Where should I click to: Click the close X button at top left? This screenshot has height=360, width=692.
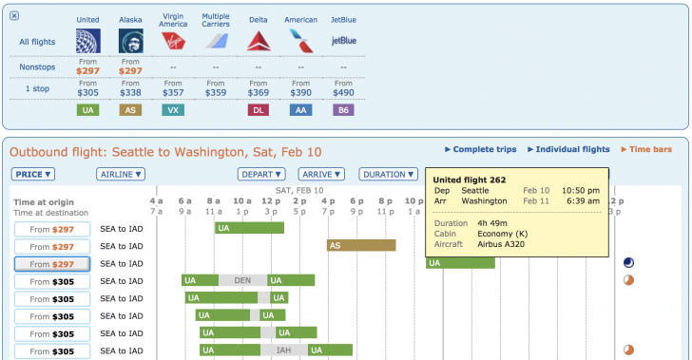click(x=13, y=16)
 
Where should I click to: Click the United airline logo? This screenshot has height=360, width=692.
click(x=88, y=41)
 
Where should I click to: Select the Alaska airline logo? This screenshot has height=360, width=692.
click(x=130, y=41)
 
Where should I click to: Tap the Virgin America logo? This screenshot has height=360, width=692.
click(x=174, y=41)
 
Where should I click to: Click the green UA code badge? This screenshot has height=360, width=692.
click(x=88, y=110)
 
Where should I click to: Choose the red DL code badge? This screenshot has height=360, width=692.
click(x=258, y=110)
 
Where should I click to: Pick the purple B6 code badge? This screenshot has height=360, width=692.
click(x=343, y=110)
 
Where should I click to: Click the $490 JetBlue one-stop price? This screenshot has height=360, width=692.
click(x=343, y=92)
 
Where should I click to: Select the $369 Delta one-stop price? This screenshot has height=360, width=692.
click(x=258, y=92)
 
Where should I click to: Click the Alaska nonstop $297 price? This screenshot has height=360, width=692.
click(x=130, y=70)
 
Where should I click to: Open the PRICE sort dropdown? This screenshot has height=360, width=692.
click(x=33, y=174)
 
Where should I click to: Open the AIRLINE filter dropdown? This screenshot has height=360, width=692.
click(x=120, y=174)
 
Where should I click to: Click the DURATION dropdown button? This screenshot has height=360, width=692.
click(x=388, y=174)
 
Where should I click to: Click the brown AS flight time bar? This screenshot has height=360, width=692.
click(x=361, y=245)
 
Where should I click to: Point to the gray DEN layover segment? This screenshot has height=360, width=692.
click(x=242, y=280)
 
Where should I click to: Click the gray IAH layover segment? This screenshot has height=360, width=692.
click(x=284, y=351)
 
